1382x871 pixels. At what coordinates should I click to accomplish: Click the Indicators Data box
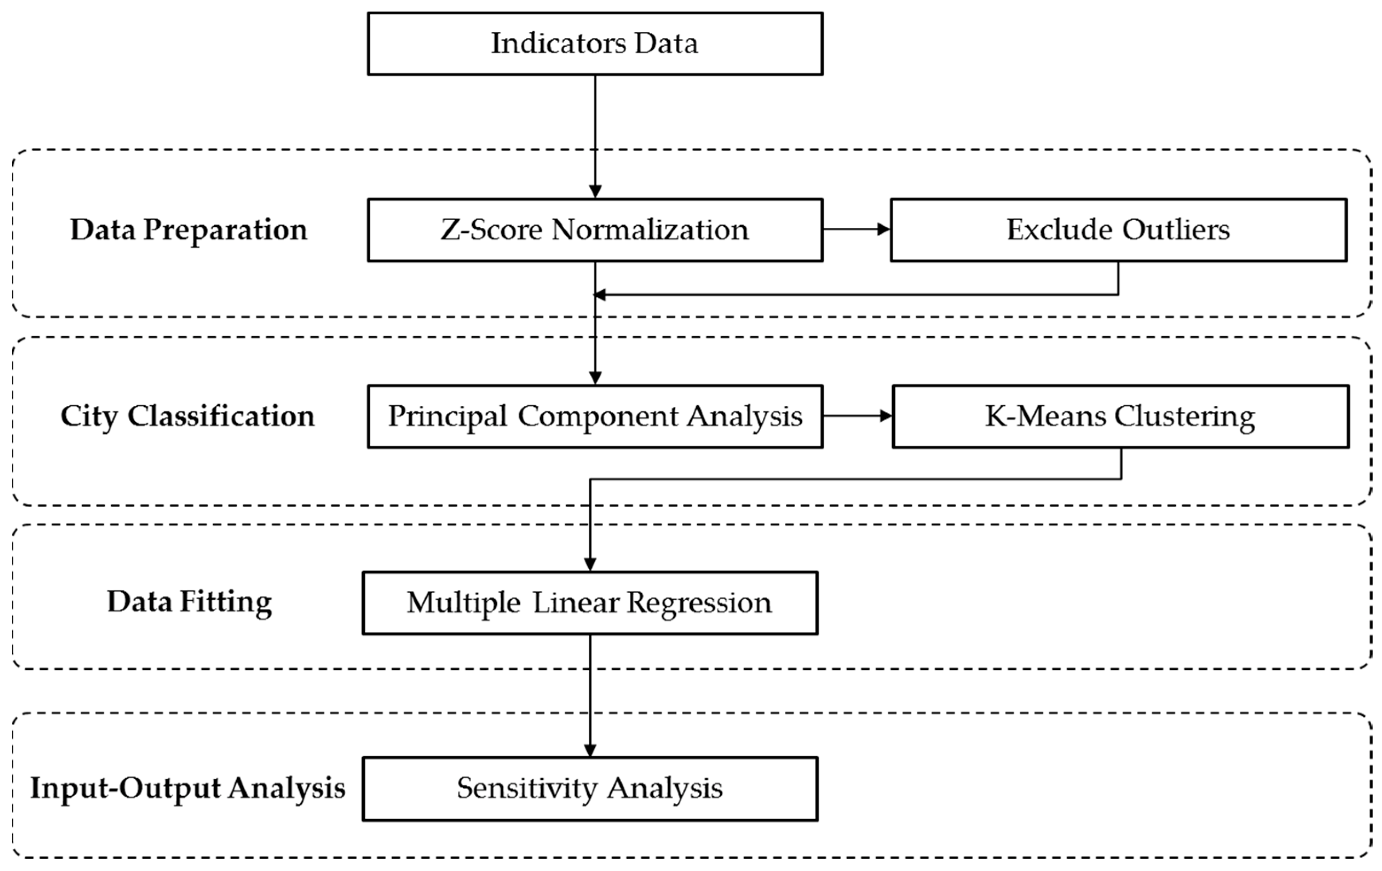[595, 43]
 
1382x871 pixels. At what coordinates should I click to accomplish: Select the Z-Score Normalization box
[595, 230]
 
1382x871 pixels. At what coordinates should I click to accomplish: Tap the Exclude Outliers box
[1118, 230]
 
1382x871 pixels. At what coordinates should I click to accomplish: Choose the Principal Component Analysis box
[595, 416]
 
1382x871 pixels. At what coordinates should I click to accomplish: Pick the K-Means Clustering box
[1120, 416]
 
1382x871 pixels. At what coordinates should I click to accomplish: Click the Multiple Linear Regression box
[590, 603]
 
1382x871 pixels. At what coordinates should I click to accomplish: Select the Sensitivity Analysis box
[590, 789]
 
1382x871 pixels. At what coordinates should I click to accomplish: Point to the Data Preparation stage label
[189, 230]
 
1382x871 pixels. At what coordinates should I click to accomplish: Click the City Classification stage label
[187, 416]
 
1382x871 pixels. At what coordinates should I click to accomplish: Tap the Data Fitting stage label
[189, 603]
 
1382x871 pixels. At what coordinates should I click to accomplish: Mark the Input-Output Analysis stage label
[187, 789]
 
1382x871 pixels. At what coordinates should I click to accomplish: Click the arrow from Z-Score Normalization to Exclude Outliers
[856, 229]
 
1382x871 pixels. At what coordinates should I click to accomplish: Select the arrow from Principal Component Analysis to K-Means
[858, 416]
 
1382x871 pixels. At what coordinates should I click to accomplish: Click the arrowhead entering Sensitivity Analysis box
[590, 750]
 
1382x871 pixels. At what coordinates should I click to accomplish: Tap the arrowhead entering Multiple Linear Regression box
[590, 564]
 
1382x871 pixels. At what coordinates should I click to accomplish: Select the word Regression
[699, 603]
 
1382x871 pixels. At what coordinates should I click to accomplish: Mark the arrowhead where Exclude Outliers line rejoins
[600, 295]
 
